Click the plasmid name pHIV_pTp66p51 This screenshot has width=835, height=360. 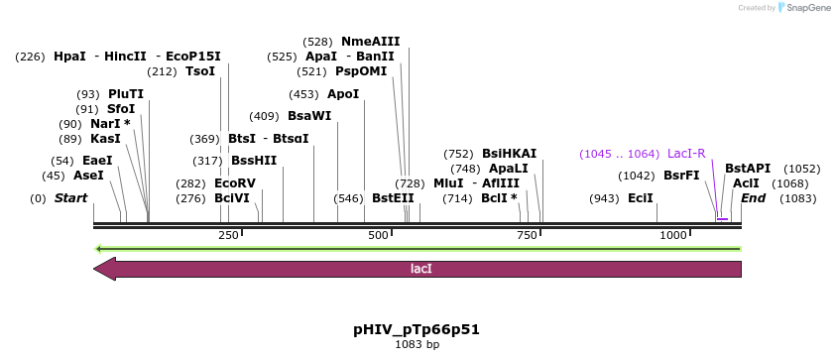click(x=417, y=329)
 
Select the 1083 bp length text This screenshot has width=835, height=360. click(x=417, y=345)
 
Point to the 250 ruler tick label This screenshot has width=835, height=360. click(x=228, y=235)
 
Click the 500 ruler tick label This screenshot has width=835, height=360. click(x=378, y=235)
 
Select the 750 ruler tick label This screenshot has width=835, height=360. click(x=527, y=235)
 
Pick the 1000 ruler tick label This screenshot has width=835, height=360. click(x=673, y=235)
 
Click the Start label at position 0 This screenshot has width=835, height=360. click(x=70, y=198)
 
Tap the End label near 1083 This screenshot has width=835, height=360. click(x=753, y=198)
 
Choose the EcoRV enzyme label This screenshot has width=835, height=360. click(x=234, y=183)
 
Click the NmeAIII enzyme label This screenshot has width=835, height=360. click(x=370, y=42)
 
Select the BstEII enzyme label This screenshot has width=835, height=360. click(x=393, y=198)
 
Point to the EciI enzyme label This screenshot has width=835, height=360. click(x=641, y=198)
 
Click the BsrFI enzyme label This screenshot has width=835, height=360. click(x=681, y=176)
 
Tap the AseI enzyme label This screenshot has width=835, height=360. click(x=88, y=176)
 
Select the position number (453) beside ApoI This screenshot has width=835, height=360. click(x=303, y=94)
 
